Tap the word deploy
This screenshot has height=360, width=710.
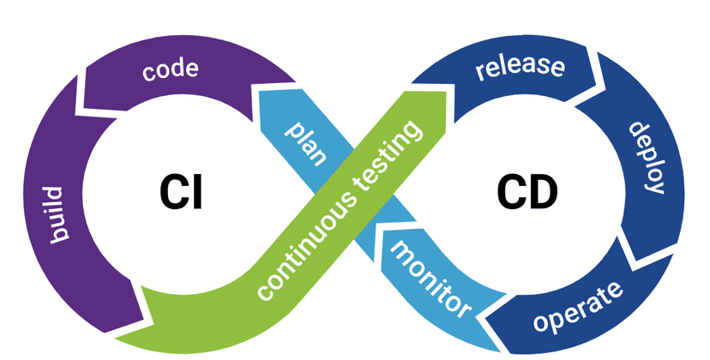point(647,158)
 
